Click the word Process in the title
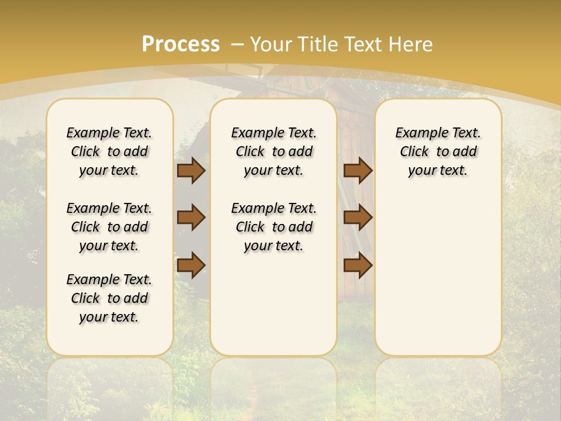(181, 44)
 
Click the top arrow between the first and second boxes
(191, 171)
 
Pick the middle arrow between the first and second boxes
(191, 218)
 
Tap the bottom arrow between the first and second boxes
(191, 265)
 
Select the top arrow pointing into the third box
(358, 171)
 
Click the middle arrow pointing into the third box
(358, 218)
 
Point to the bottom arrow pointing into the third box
(358, 265)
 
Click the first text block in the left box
(109, 151)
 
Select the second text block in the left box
(109, 227)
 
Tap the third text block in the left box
(109, 298)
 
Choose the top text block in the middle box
(273, 151)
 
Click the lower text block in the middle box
(273, 227)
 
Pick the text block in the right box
(438, 151)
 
